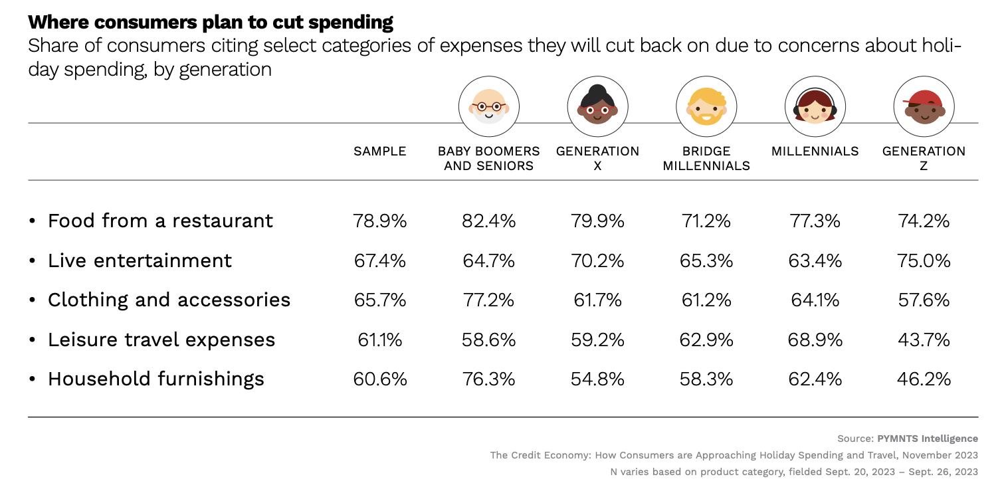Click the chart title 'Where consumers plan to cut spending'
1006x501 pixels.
(x=211, y=22)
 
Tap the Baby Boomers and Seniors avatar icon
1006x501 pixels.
(x=488, y=106)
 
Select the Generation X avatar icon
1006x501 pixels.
(x=597, y=106)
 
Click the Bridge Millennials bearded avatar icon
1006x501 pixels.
(x=706, y=106)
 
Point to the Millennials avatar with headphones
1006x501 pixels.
(x=815, y=106)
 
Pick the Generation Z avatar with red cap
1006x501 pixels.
(x=924, y=106)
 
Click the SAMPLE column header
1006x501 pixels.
(x=379, y=151)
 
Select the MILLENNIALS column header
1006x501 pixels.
(x=815, y=151)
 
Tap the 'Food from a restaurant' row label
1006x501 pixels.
(x=160, y=221)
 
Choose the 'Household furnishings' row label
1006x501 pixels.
(x=156, y=379)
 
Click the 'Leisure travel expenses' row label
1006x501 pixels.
(x=161, y=340)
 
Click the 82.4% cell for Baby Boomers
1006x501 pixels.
(x=488, y=221)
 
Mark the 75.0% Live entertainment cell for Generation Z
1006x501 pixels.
(x=924, y=260)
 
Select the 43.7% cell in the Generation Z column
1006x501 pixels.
(x=924, y=340)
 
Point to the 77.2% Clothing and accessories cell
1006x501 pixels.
(x=488, y=300)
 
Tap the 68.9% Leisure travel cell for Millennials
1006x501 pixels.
(x=815, y=340)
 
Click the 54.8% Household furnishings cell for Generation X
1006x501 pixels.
(x=597, y=379)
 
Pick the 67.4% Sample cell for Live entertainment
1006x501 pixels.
(x=379, y=260)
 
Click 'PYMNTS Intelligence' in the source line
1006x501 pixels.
(x=928, y=439)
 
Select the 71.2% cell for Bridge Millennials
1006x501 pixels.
(x=706, y=221)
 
